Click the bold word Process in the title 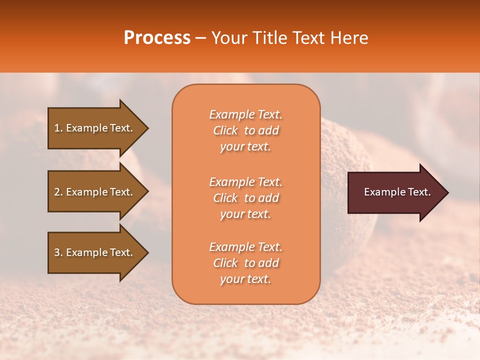tap(157, 38)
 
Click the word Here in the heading tap(348, 38)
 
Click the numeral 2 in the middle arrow tap(56, 192)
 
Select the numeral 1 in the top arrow tap(56, 128)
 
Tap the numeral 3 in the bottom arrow tap(56, 252)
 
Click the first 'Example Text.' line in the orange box tap(245, 114)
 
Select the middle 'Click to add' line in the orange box tap(245, 198)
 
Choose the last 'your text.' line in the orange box tap(245, 279)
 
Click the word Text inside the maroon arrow tap(419, 192)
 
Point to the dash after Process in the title tap(201, 38)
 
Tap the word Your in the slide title tap(228, 38)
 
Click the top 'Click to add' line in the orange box tap(245, 130)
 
